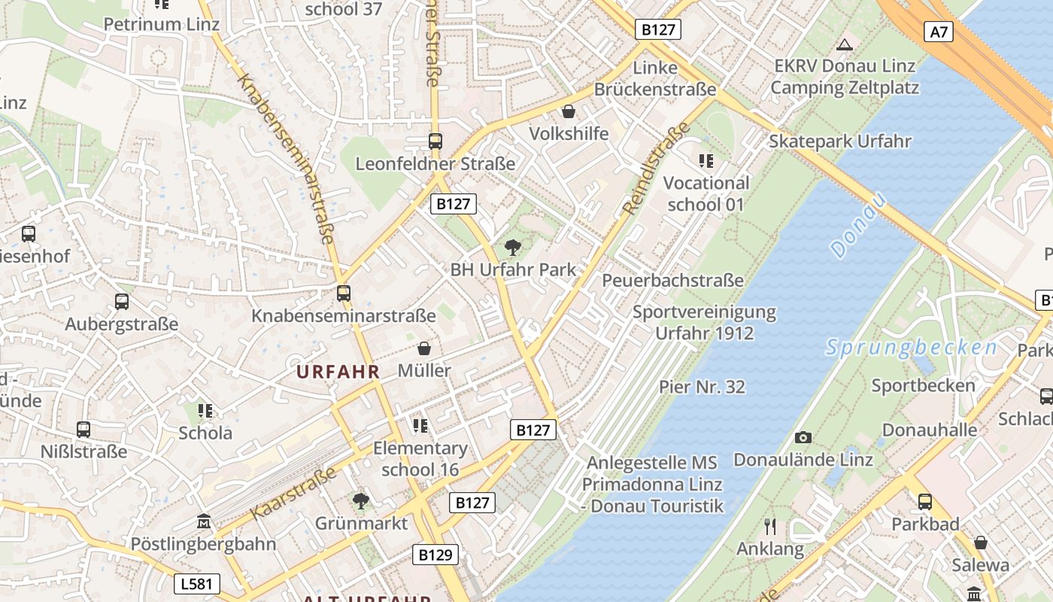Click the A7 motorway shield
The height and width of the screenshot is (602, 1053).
coord(939,32)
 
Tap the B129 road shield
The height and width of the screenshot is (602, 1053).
coord(435,555)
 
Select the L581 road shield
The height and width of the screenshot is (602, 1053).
coord(198,583)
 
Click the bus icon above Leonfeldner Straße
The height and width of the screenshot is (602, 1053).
coord(435,141)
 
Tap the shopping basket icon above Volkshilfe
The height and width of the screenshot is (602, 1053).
coord(569,111)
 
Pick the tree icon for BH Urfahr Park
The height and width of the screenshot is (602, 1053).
coord(512,246)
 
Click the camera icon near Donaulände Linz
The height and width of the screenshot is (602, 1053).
coord(803,437)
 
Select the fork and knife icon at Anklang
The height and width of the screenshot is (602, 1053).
coord(769,526)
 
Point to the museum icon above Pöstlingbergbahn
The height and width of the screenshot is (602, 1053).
coord(203,521)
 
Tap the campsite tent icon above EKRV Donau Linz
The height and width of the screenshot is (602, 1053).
coord(845,44)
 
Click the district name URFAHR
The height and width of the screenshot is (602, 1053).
coord(338,371)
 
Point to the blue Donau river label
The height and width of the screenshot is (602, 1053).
coord(860,225)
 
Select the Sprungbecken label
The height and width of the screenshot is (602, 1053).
coord(912,348)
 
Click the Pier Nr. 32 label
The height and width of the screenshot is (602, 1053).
coord(702,387)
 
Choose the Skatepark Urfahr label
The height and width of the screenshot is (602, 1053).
coord(839,141)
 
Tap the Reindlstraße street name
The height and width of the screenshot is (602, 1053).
coord(657,168)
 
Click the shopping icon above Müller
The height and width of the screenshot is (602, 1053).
coord(424,348)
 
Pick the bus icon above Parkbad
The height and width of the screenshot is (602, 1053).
coord(924,501)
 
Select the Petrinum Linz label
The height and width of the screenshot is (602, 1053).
coord(153,24)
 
